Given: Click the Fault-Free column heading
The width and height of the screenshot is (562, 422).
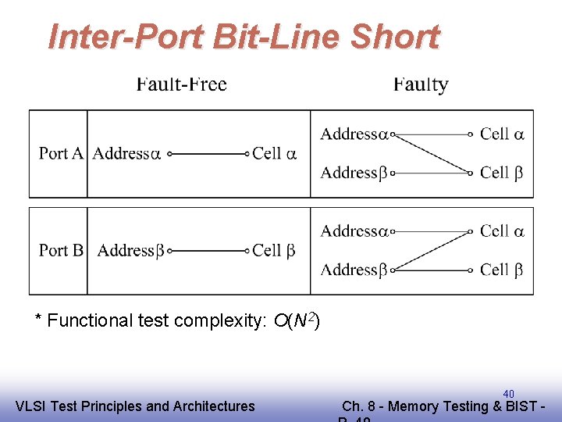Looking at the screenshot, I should [x=181, y=84].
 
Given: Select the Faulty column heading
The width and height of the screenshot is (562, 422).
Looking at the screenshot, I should [x=421, y=84].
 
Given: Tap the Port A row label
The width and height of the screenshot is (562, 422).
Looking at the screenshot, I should [x=61, y=153].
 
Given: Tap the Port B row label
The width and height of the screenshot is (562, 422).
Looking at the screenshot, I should [x=61, y=250].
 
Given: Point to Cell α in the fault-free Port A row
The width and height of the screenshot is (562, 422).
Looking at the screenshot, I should [x=274, y=153].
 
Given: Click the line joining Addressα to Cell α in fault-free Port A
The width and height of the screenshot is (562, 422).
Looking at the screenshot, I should [x=208, y=154].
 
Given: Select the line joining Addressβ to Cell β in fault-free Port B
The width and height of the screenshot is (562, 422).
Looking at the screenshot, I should [x=208, y=251].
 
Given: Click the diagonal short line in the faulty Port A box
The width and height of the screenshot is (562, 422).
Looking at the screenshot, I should [x=432, y=153].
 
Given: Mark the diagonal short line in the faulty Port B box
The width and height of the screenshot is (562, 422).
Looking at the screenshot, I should [x=432, y=250].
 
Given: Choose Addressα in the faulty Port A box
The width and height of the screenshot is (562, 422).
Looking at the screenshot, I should [x=354, y=134].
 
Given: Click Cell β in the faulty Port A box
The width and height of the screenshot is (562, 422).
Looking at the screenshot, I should [x=502, y=172].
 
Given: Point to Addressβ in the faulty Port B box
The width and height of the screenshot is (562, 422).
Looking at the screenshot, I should [x=354, y=270].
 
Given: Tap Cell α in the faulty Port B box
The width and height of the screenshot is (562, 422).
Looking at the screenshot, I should [x=502, y=231].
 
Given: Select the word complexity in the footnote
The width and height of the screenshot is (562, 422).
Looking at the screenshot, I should [x=229, y=321].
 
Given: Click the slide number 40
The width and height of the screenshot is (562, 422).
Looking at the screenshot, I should [x=508, y=393].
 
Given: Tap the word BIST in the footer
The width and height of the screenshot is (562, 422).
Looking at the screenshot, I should [x=527, y=406].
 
